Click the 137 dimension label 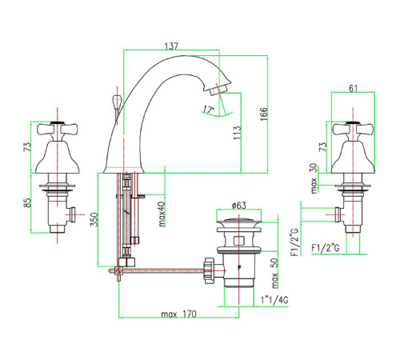click(171, 46)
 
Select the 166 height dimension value click(263, 114)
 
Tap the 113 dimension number click(237, 133)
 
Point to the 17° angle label click(209, 110)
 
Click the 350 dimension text click(94, 219)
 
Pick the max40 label click(162, 214)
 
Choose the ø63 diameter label click(238, 206)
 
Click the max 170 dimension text click(178, 314)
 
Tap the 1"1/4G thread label click(274, 300)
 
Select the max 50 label click(274, 273)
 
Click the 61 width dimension click(353, 88)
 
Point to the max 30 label click(314, 178)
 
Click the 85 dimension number click(27, 202)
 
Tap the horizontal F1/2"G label click(326, 248)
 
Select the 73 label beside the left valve click(27, 147)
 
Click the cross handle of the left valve click(57, 130)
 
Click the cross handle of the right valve click(353, 130)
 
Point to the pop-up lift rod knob click(117, 102)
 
